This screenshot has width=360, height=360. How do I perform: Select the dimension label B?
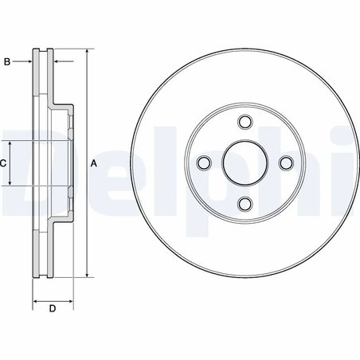(x=7, y=61)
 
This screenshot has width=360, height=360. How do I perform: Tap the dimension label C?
(x=3, y=163)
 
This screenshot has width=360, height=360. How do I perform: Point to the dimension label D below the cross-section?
(x=53, y=309)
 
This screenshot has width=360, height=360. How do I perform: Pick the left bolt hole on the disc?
(x=205, y=162)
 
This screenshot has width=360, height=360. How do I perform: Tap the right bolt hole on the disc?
(x=286, y=162)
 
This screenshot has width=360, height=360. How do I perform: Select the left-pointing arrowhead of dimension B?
(x=57, y=61)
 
